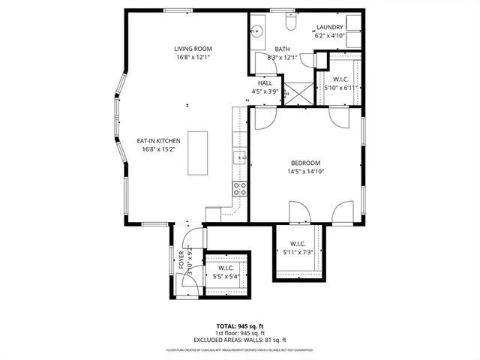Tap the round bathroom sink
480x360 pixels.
[x=257, y=31]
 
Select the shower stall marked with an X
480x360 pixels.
[x=298, y=92]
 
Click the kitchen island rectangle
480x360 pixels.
[x=198, y=153]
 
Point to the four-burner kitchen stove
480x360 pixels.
[x=240, y=188]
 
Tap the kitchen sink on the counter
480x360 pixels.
[x=239, y=157]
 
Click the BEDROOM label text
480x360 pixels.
[x=306, y=163]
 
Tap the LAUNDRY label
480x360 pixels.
[x=330, y=27]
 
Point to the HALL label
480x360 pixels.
[x=265, y=83]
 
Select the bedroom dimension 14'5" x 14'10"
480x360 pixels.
[x=306, y=171]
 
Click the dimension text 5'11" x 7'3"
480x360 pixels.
[x=298, y=252]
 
